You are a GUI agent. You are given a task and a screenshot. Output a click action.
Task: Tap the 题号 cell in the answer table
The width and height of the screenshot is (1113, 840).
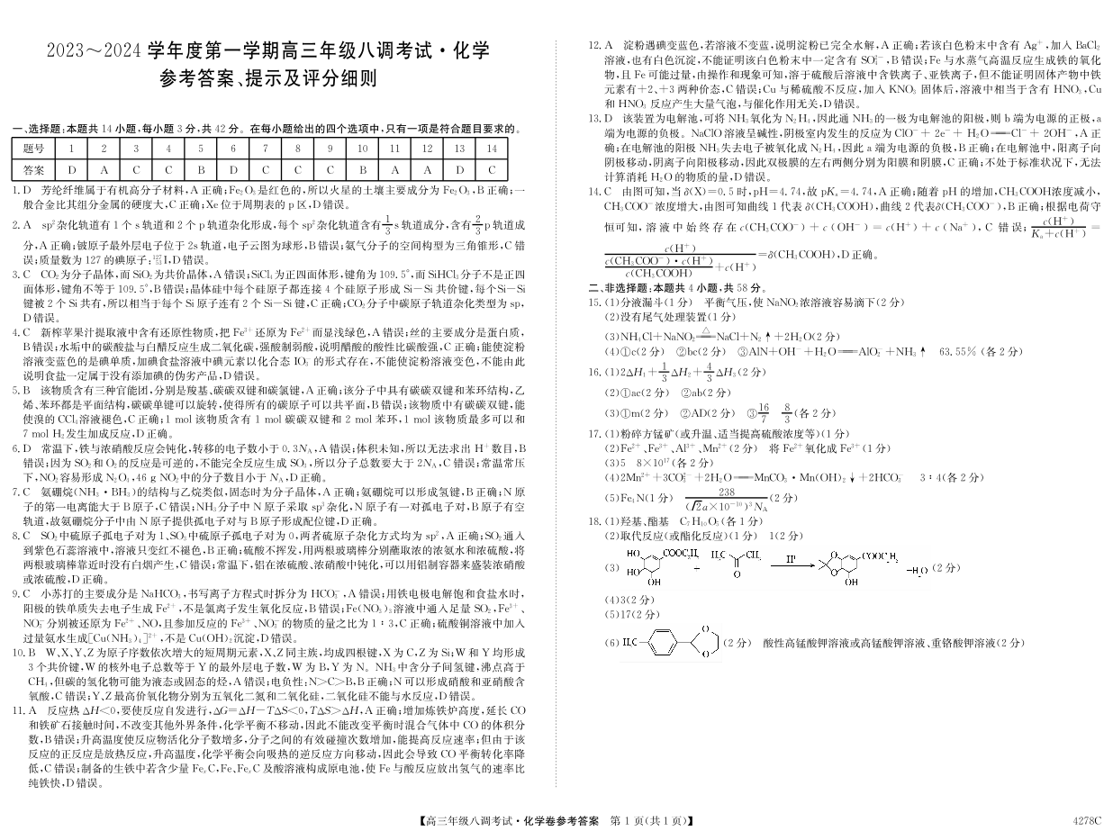click(x=33, y=148)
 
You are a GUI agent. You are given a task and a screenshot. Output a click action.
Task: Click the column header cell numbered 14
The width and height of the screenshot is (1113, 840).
click(x=491, y=148)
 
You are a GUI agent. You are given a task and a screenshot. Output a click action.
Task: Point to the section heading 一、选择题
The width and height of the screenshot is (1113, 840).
click(x=41, y=129)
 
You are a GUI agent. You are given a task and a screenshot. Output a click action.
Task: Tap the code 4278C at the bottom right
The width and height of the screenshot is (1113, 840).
click(x=1087, y=820)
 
